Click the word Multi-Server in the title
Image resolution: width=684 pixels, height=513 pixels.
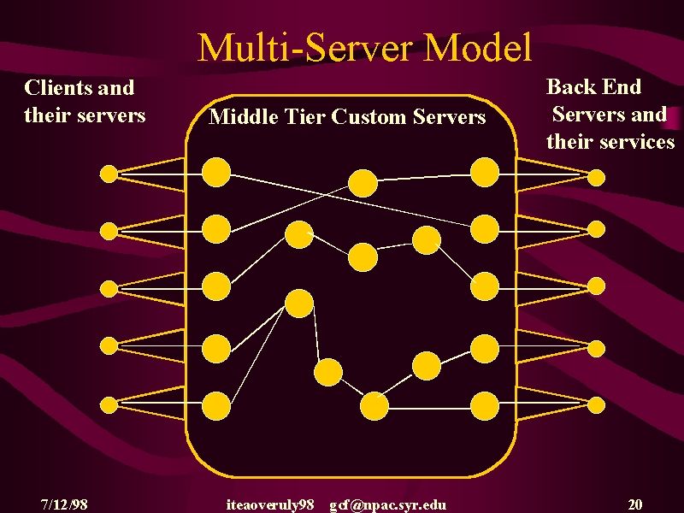tap(304, 47)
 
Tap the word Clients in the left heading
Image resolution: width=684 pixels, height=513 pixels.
tap(57, 87)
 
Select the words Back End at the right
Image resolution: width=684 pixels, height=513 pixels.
tap(593, 86)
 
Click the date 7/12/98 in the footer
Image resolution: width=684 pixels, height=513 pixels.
tap(64, 504)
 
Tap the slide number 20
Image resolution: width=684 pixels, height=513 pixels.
tap(635, 504)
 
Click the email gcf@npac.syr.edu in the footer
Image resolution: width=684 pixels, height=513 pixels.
tap(388, 505)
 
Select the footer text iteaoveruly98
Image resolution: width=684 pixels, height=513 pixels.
tap(270, 505)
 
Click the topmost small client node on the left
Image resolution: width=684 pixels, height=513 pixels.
tap(109, 174)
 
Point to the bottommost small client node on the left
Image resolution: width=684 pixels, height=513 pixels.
tap(109, 405)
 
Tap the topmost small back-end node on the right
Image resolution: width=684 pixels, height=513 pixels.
tap(596, 178)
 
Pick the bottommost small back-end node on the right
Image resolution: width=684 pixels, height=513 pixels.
tap(596, 405)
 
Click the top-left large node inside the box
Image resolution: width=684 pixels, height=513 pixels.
tap(216, 173)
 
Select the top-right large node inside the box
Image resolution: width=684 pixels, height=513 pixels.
tap(485, 173)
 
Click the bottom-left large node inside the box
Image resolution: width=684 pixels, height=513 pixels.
tap(216, 406)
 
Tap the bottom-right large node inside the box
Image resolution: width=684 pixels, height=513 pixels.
tap(485, 406)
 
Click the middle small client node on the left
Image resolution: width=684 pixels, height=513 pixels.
tap(109, 289)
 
